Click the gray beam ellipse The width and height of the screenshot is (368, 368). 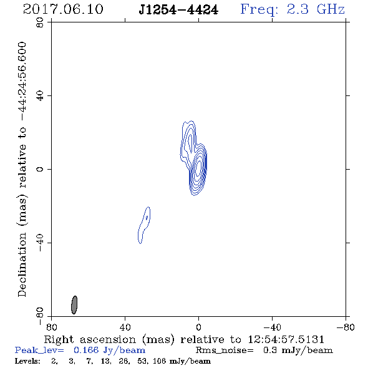click(x=74, y=305)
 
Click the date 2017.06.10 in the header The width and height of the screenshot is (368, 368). click(x=63, y=9)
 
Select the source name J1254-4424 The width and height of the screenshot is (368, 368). click(x=178, y=10)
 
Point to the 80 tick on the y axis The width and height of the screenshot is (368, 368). click(x=40, y=22)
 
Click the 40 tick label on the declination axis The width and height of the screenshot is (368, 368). click(x=40, y=96)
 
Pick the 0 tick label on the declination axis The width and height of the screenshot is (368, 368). click(x=40, y=169)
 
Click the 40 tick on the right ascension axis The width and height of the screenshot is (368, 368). click(x=125, y=327)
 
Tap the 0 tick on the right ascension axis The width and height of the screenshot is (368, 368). click(x=198, y=327)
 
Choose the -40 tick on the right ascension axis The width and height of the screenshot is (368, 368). click(x=272, y=327)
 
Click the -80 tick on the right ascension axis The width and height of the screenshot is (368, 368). click(x=346, y=327)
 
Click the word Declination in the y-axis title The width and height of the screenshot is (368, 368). click(x=22, y=264)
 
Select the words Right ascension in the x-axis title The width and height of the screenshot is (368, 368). click(x=90, y=339)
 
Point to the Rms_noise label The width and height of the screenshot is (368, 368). click(x=225, y=351)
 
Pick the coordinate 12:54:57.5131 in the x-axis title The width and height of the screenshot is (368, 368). click(x=286, y=339)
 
